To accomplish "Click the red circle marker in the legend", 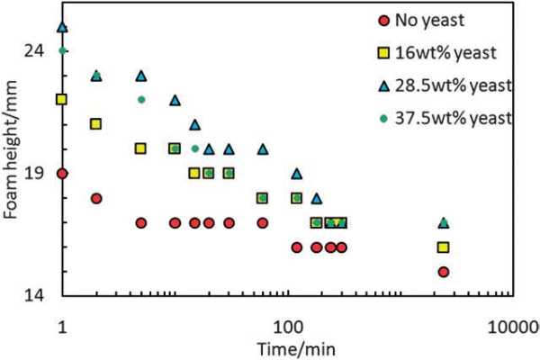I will [385, 18].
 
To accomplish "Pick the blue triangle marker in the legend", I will [385, 85].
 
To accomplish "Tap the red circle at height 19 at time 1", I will [62, 173].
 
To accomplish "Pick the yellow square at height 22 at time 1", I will [62, 99].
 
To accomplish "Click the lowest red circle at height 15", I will [443, 271].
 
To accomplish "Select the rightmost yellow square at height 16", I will [443, 247].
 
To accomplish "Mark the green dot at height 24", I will [62, 50].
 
